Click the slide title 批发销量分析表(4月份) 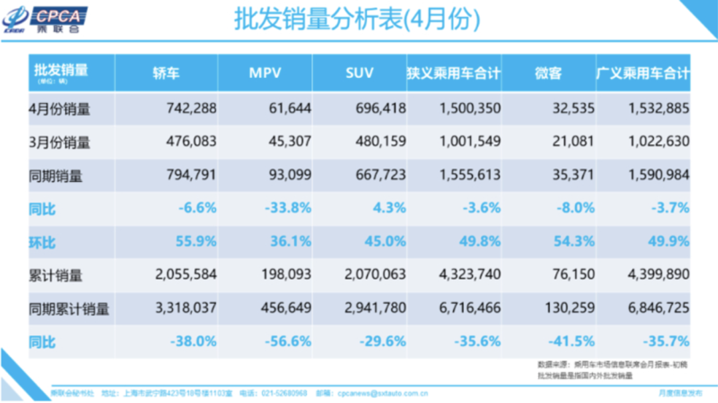pyautogui.click(x=357, y=19)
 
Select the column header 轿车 pyautogui.click(x=166, y=72)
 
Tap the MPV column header pyautogui.click(x=265, y=72)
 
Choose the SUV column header pyautogui.click(x=359, y=72)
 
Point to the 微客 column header pyautogui.click(x=548, y=72)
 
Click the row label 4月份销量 pyautogui.click(x=60, y=108)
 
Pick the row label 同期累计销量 pyautogui.click(x=69, y=309)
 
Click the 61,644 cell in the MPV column pyautogui.click(x=288, y=108)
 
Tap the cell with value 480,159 pyautogui.click(x=381, y=142)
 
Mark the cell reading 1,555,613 pyautogui.click(x=469, y=175)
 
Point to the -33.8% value pyautogui.click(x=287, y=208)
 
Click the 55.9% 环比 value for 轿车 pyautogui.click(x=195, y=241)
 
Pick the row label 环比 pyautogui.click(x=42, y=242)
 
